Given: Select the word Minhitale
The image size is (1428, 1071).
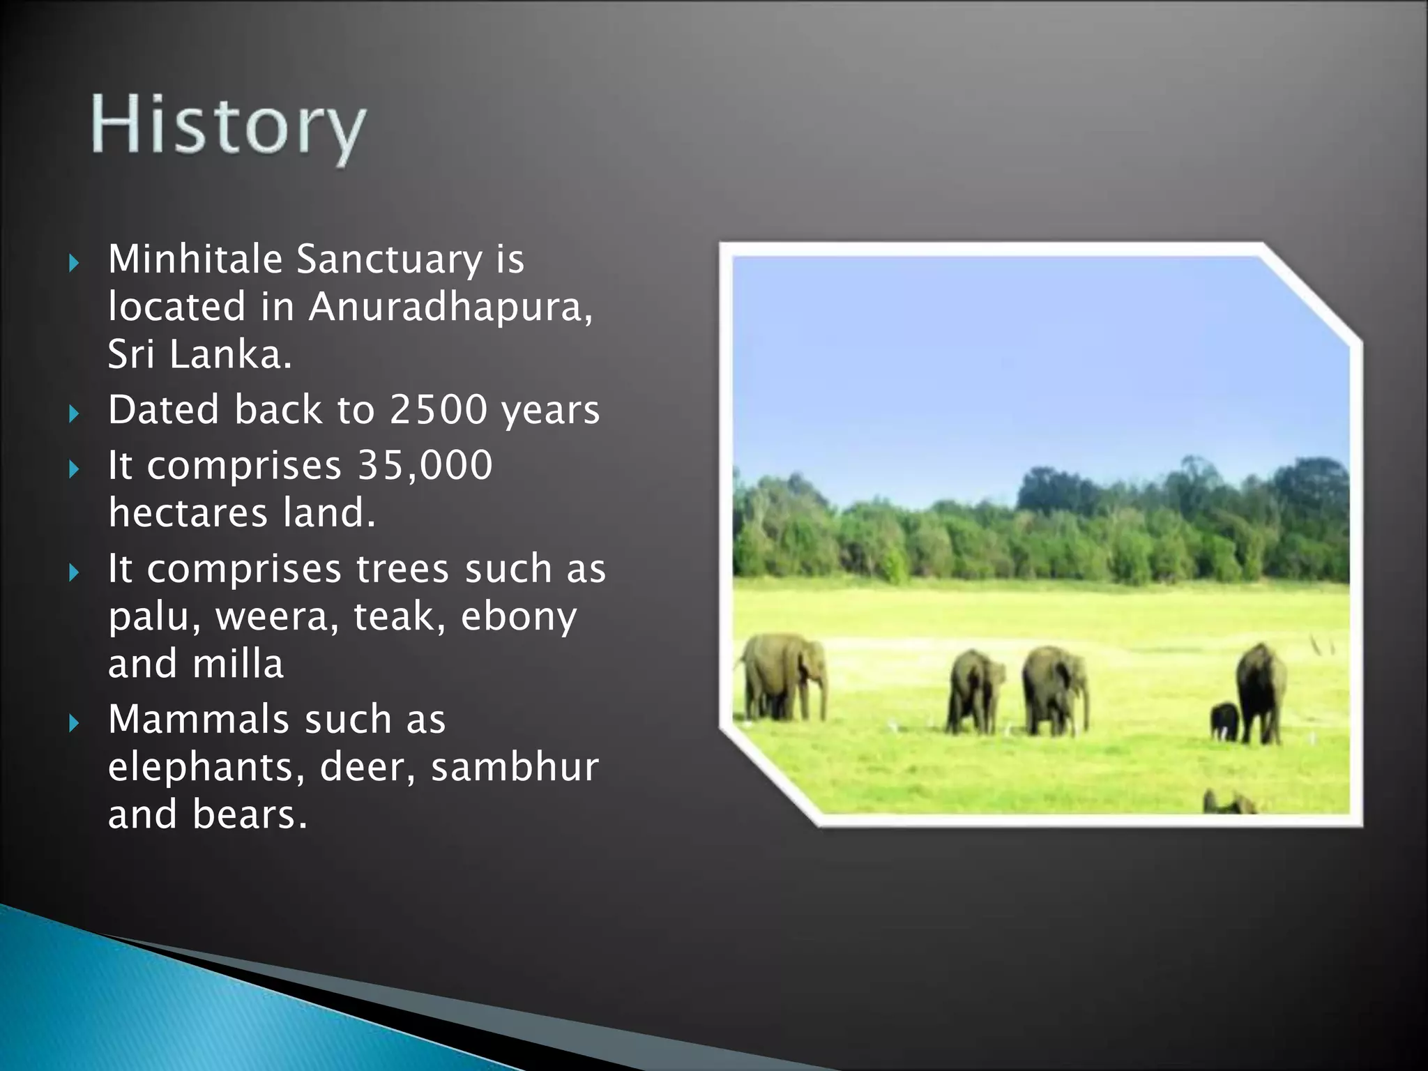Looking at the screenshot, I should pos(195,259).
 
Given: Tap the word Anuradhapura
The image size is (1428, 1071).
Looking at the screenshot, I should pos(450,307).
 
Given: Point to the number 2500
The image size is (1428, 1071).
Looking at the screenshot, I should pos(438,409).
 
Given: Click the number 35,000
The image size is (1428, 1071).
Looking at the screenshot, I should pos(425,465).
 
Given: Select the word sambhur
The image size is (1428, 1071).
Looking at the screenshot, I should pos(515,768).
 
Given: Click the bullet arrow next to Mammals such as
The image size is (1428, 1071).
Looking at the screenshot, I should pos(75,724).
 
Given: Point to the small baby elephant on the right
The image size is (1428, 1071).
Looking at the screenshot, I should pos(1224,722).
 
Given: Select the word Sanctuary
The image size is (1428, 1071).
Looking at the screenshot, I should pos(389,259).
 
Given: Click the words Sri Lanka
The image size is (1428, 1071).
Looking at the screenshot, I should pos(199,355).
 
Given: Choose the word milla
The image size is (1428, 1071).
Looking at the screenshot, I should pos(238,664).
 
